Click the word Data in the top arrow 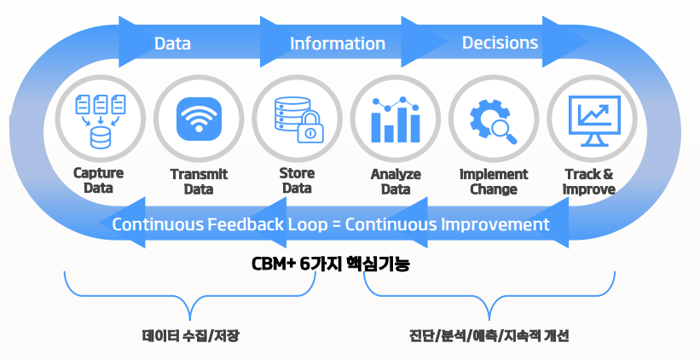coord(172,43)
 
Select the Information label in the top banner coord(338,43)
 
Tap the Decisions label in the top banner coord(500,42)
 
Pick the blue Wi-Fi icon coord(199,120)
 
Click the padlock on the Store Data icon coord(309,131)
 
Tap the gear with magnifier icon coord(494,120)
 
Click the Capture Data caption coord(98,180)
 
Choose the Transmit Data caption coord(199,181)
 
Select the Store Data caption coord(297,180)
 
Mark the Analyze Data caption coord(396,181)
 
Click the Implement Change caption coord(494,181)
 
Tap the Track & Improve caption coord(589,181)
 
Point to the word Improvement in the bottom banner coord(495,225)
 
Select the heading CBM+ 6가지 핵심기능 coord(331,264)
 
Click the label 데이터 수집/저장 coord(191,335)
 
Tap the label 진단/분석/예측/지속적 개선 coord(489,335)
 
